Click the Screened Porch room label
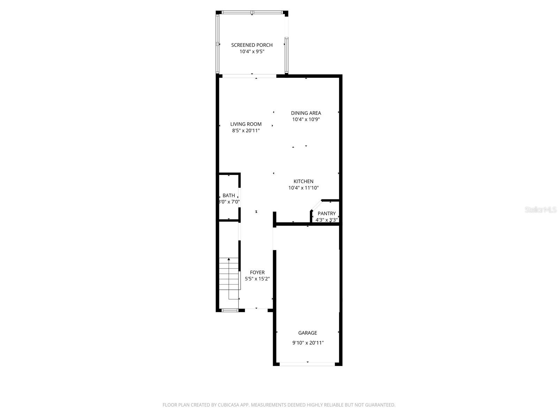click(x=252, y=45)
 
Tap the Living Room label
click(x=246, y=124)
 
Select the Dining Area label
click(x=306, y=113)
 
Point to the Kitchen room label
click(x=303, y=181)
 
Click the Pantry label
click(x=326, y=213)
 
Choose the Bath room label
click(x=229, y=196)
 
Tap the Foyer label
click(x=257, y=272)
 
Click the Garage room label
click(x=308, y=333)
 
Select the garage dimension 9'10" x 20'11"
click(x=308, y=343)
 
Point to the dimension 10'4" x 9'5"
click(x=252, y=52)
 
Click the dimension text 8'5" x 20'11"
click(x=246, y=131)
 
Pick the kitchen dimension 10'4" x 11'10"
click(x=303, y=188)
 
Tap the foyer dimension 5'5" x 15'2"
click(x=257, y=279)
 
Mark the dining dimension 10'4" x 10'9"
click(x=306, y=119)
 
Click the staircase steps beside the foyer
click(x=229, y=278)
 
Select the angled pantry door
click(x=316, y=206)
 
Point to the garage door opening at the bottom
click(x=307, y=364)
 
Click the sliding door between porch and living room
click(x=249, y=76)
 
